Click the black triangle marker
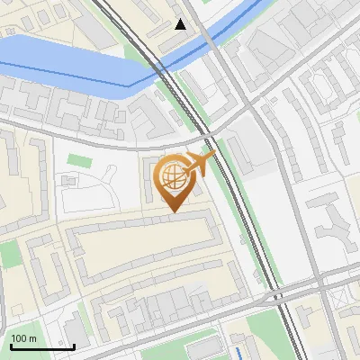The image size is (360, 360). tap(181, 24)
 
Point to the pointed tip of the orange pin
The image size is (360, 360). tap(171, 211)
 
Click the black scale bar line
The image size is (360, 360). tap(41, 346)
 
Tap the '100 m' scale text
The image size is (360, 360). tap(24, 338)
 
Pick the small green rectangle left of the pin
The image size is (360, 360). tap(79, 161)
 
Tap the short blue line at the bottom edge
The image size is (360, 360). tap(238, 352)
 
